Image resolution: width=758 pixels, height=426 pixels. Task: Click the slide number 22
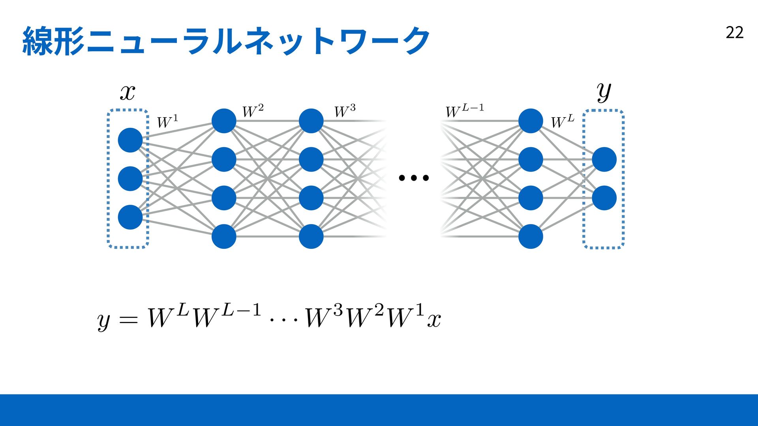pos(734,32)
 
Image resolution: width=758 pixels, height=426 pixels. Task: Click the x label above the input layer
pos(128,93)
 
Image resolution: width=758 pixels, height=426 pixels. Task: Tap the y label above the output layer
pos(604,92)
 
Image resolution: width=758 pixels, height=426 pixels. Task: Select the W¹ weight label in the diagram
pos(167,121)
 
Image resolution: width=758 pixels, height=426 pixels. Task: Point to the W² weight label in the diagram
pos(253,111)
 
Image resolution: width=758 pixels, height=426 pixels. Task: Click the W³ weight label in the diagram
pos(345,111)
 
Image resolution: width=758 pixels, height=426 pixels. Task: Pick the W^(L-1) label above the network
pos(465,111)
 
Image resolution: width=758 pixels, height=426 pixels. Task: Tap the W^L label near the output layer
pos(563,121)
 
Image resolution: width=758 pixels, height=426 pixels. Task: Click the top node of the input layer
pos(130,140)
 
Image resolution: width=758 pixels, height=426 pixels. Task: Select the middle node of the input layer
pos(130,179)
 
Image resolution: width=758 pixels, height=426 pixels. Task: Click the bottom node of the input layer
pos(130,217)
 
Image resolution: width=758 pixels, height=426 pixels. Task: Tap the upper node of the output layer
pos(604,159)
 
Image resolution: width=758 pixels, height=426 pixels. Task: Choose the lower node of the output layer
pos(604,198)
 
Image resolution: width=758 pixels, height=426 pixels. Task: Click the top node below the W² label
pos(224,121)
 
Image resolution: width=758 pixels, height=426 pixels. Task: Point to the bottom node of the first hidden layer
pos(224,237)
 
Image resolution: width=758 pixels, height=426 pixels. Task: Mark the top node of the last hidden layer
pos(531,121)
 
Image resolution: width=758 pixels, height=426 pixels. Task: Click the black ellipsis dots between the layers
pos(414,178)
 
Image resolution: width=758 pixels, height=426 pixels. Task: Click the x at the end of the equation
pos(434,320)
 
